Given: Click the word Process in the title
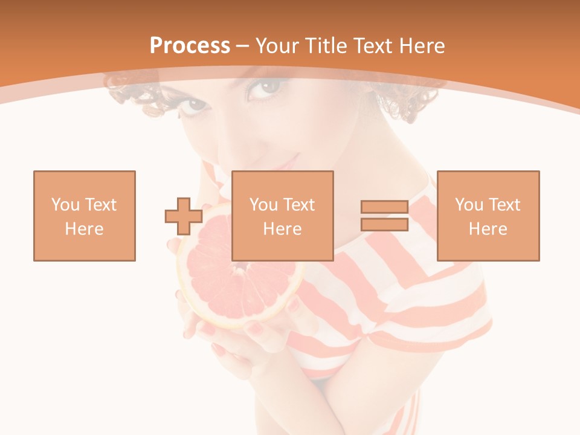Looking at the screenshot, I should click(190, 46).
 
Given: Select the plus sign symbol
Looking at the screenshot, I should click(184, 216).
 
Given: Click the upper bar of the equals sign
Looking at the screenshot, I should click(384, 207).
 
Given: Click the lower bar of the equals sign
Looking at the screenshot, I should click(384, 224).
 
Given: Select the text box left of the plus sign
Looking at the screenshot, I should click(85, 216).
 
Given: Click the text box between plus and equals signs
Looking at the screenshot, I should click(282, 216).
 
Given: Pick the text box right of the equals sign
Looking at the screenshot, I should click(488, 216).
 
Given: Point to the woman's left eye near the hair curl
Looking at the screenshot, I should click(195, 106).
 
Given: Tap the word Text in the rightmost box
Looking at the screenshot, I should click(505, 205).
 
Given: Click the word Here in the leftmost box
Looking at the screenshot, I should click(84, 229).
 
